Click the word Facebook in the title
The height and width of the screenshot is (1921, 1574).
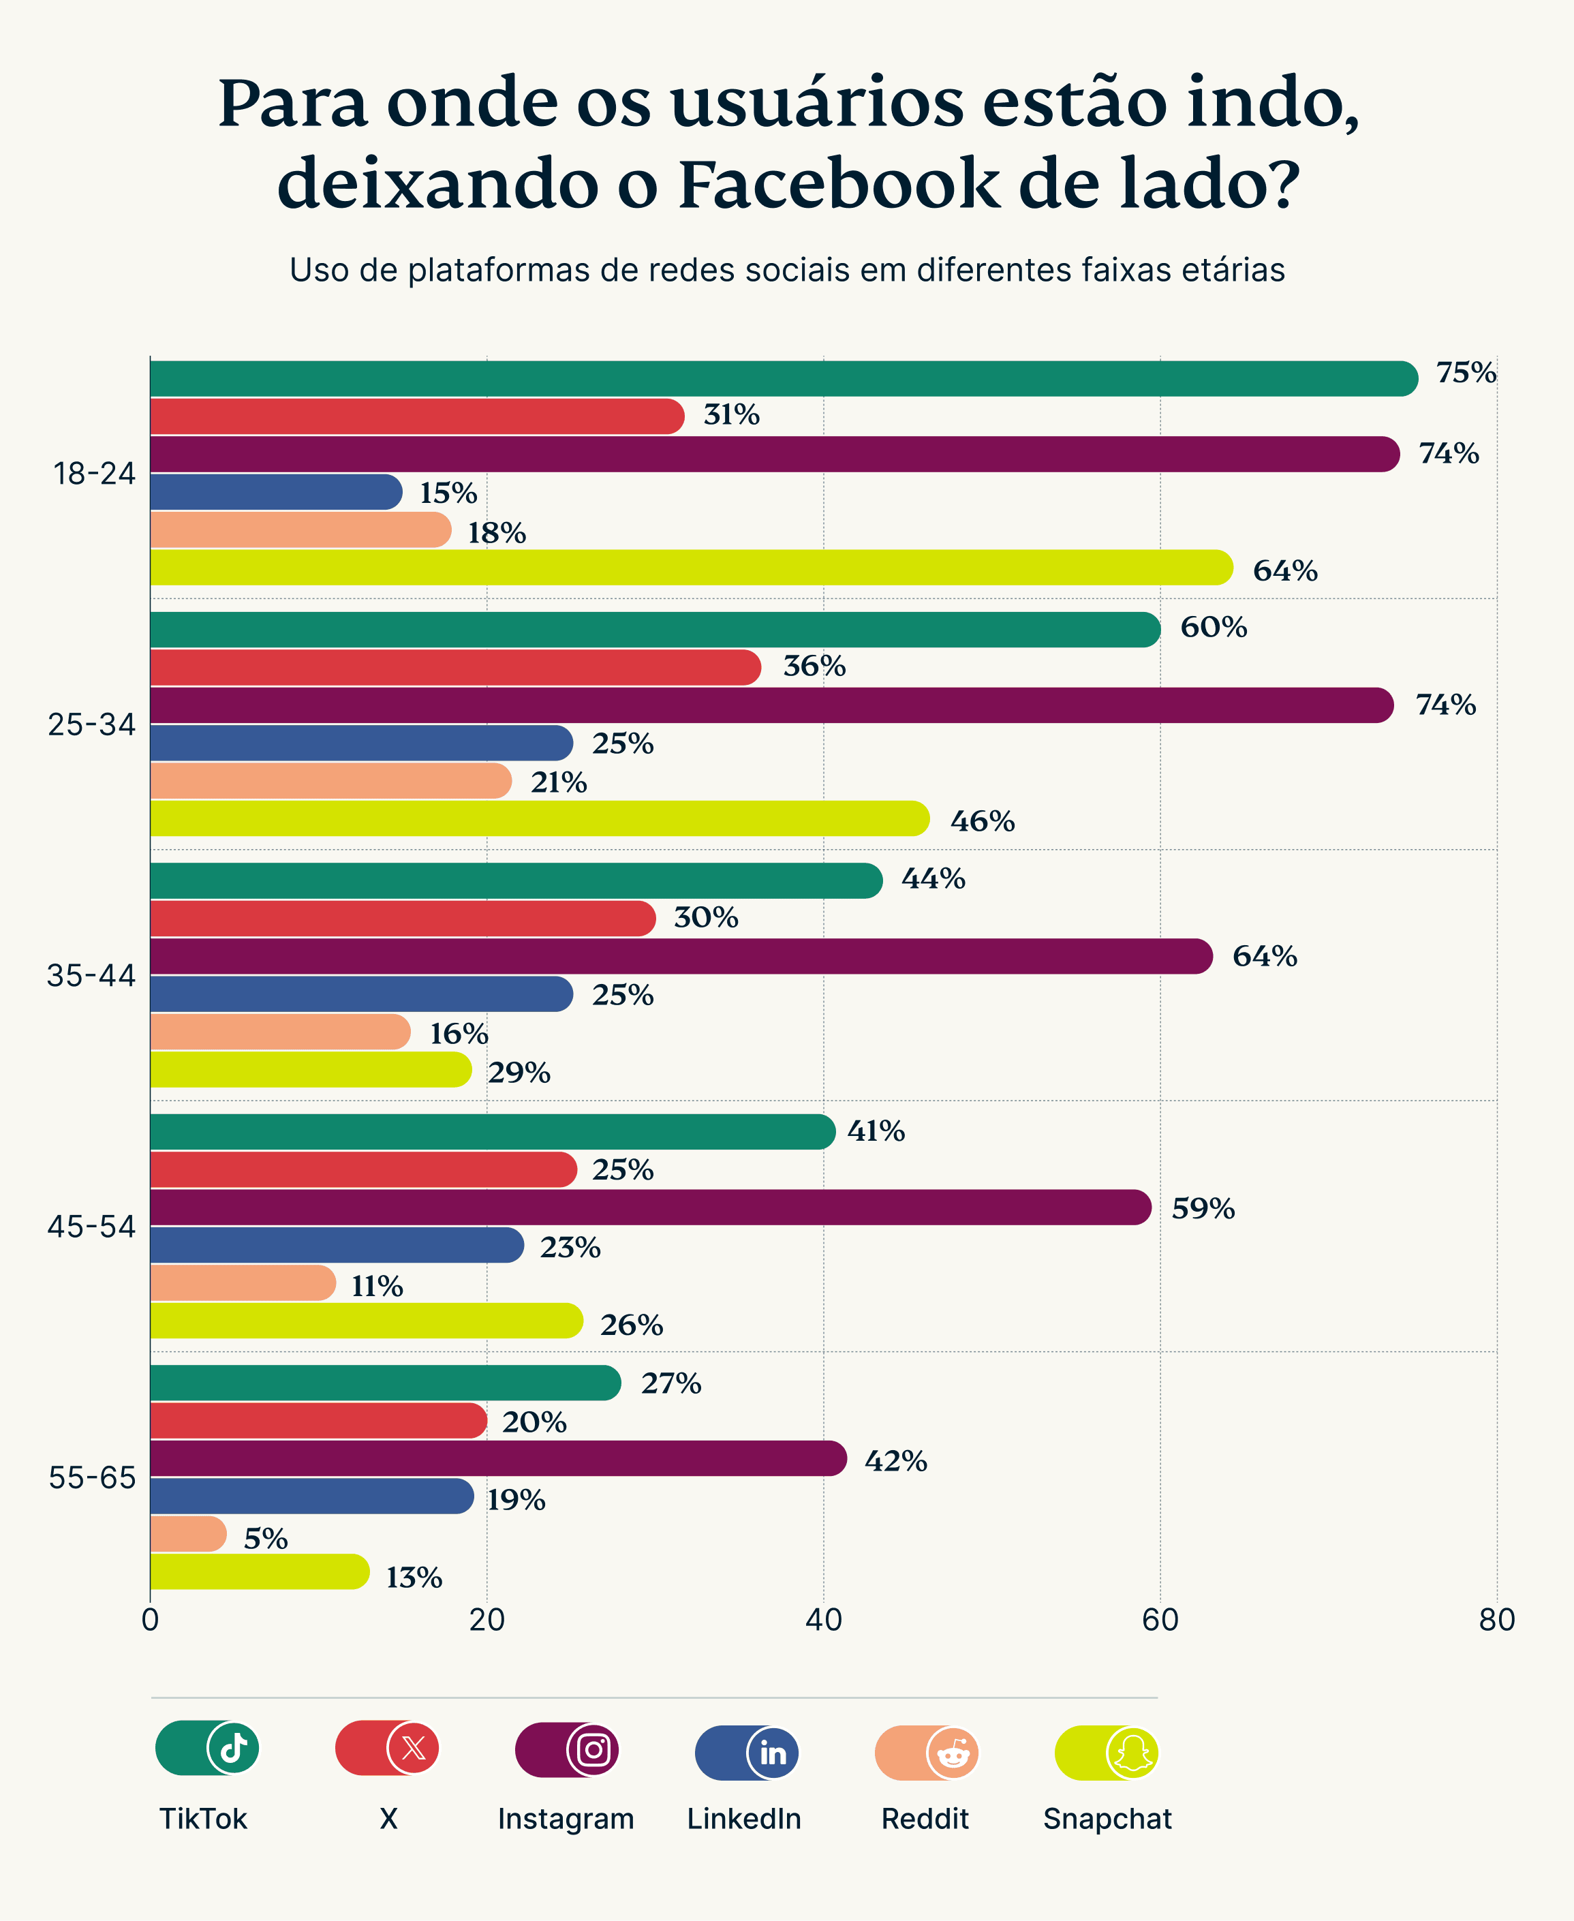point(839,184)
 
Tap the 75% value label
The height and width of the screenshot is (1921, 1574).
point(1465,373)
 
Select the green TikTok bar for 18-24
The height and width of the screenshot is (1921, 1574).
point(780,379)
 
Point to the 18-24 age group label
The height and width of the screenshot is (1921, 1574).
point(93,473)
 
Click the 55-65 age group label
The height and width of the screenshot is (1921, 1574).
point(91,1477)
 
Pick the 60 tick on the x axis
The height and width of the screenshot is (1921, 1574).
point(1160,1620)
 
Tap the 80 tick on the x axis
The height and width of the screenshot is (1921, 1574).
point(1496,1620)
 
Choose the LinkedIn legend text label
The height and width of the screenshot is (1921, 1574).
point(743,1819)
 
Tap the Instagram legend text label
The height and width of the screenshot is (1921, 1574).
point(566,1819)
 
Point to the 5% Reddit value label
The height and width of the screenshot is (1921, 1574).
point(266,1539)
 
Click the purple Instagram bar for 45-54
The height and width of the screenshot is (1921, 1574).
point(648,1208)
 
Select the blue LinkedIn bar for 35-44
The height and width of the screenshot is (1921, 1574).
point(360,994)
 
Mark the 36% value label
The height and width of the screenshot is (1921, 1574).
point(814,666)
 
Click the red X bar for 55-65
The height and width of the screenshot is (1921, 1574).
point(318,1421)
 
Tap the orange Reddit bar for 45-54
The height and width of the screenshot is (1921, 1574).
point(241,1282)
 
